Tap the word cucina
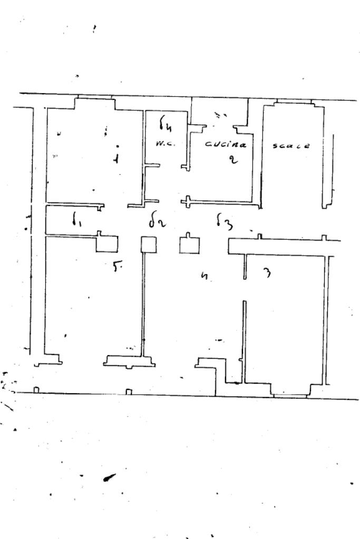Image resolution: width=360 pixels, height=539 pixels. click(x=225, y=144)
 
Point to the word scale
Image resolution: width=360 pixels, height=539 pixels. click(x=291, y=145)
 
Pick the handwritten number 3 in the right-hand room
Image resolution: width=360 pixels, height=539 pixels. click(x=267, y=272)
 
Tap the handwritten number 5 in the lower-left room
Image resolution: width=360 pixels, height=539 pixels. click(x=116, y=267)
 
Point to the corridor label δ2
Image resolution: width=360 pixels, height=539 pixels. click(x=157, y=222)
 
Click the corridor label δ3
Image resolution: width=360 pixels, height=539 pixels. click(x=224, y=222)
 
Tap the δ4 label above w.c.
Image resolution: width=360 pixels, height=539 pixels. click(x=166, y=125)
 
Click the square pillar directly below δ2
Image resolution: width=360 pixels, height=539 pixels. click(x=149, y=244)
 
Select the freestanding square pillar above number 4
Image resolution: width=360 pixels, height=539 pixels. click(x=190, y=245)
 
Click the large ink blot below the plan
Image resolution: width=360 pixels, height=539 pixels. click(x=110, y=477)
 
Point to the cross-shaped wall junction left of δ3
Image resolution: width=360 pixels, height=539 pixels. click(x=187, y=202)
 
